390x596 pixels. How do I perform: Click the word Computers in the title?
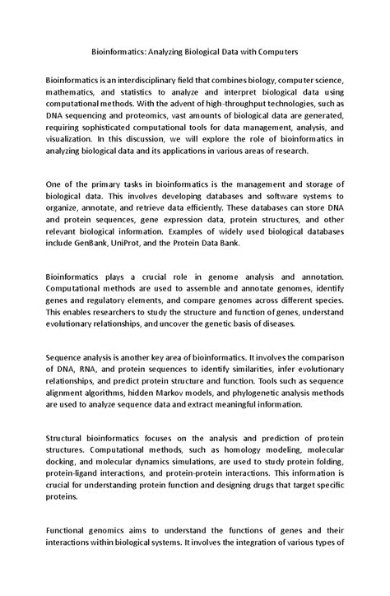[271, 51]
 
